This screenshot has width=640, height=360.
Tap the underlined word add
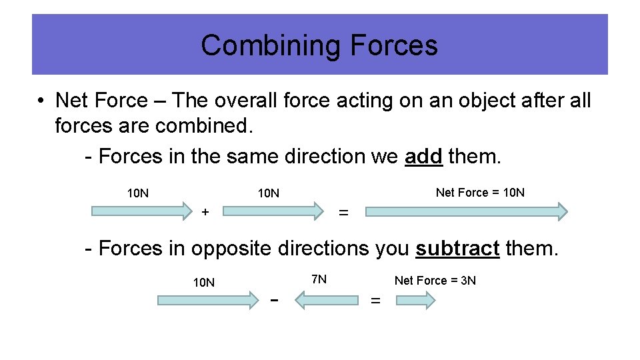tap(423, 156)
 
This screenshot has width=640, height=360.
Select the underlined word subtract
tap(457, 248)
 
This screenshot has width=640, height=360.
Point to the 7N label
tap(319, 279)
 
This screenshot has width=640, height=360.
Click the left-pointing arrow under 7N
tap(327, 301)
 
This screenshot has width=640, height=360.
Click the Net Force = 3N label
tap(435, 281)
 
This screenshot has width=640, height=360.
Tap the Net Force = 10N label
tap(480, 193)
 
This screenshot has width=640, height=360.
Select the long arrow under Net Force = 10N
tap(467, 212)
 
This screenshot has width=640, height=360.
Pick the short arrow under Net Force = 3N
tap(415, 301)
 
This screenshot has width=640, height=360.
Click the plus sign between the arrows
tap(205, 212)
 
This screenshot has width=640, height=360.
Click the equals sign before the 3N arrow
tap(375, 301)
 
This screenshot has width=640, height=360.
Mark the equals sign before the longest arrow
tap(343, 213)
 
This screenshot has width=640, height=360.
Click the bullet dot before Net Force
tap(41, 101)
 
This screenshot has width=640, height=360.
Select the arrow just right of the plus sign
tap(273, 212)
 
